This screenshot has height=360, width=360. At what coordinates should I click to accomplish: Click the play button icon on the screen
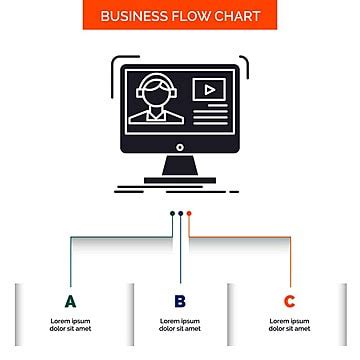208,89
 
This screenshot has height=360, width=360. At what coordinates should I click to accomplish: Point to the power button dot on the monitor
180,146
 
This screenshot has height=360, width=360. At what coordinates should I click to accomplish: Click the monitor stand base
180,180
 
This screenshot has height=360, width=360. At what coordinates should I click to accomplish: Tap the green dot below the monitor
172,213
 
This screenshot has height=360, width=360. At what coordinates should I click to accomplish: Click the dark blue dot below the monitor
180,213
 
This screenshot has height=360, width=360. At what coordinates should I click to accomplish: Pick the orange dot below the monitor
188,213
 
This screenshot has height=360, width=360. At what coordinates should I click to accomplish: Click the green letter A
70,301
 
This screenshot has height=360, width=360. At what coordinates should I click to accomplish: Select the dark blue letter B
180,301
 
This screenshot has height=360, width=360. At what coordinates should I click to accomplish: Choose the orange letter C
289,301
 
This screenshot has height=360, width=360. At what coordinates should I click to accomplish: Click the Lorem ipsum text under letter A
70,324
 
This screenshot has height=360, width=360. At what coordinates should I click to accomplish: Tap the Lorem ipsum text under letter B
180,324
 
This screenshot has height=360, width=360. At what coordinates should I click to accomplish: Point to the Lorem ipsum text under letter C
289,324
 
